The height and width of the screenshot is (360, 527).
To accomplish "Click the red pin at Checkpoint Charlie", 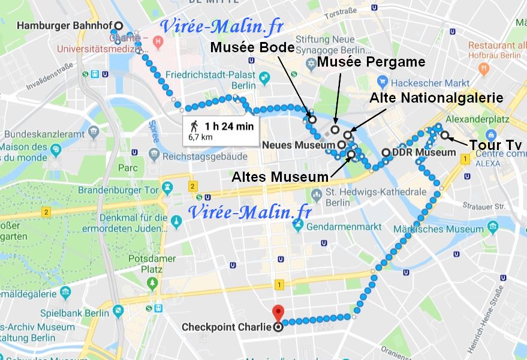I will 278,313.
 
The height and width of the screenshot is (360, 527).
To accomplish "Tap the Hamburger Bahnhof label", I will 64,26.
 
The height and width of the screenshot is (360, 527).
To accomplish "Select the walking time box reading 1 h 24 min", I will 221,130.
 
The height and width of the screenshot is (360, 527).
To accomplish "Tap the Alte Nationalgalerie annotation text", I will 436,97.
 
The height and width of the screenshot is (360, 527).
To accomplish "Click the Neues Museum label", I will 299,145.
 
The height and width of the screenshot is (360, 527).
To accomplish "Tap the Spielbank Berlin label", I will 75,313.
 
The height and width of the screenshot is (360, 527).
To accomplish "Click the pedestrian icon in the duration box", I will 194,126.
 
